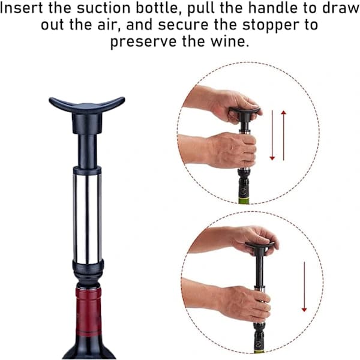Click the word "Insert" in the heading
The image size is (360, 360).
click(x=21, y=8)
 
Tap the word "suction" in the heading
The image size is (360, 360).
click(x=103, y=8)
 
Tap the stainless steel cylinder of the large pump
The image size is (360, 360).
click(x=87, y=218)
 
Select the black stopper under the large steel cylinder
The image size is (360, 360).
click(x=88, y=272)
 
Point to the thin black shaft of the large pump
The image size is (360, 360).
click(x=87, y=152)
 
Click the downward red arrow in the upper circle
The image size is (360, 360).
click(x=272, y=135)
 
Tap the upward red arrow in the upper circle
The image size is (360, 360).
click(x=284, y=136)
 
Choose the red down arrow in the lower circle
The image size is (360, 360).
click(x=304, y=287)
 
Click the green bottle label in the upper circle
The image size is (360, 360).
click(x=244, y=200)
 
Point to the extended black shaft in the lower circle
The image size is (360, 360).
click(x=259, y=271)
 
